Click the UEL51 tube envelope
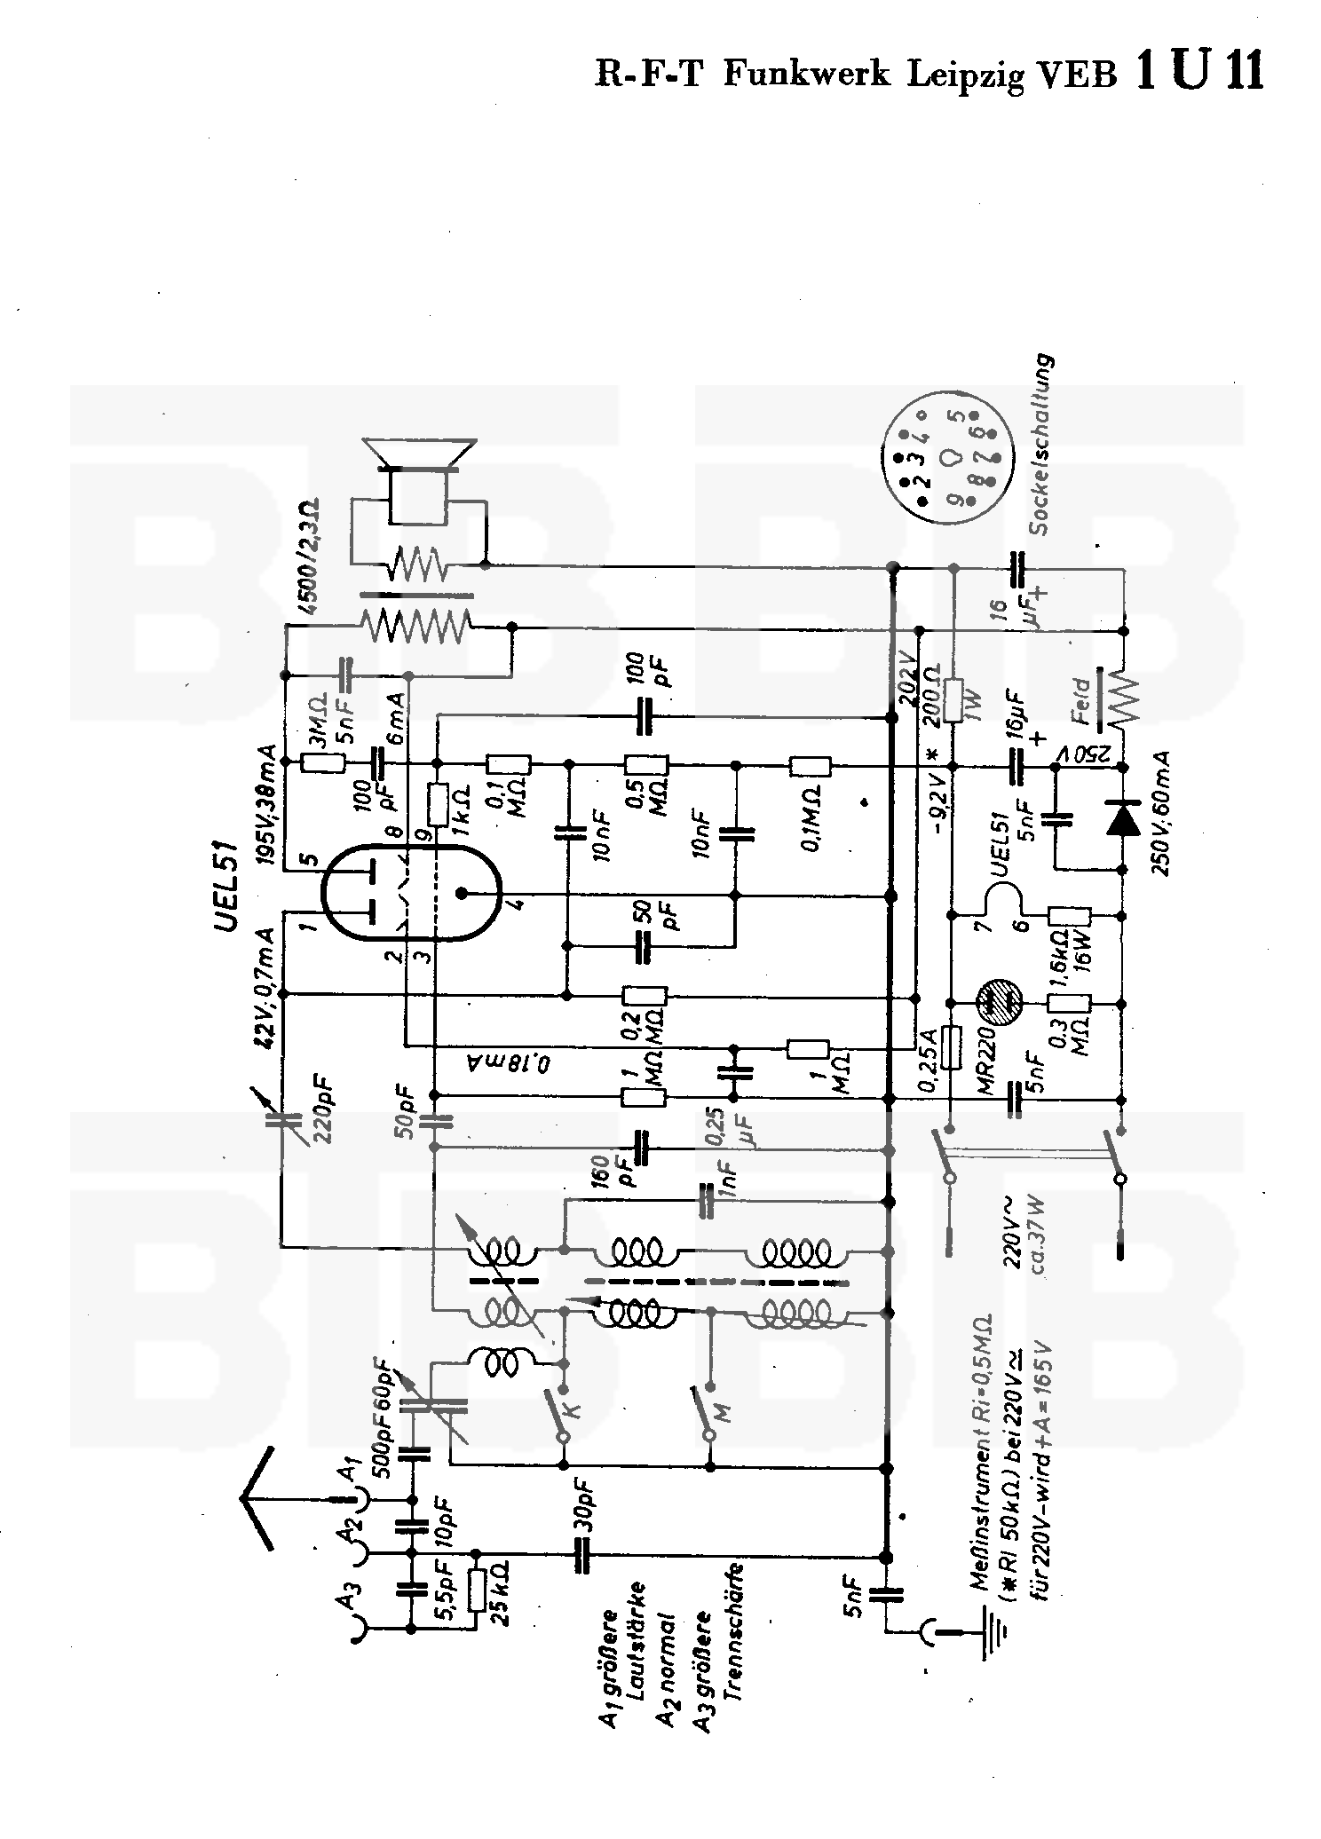(x=407, y=891)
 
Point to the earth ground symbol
(x=992, y=1631)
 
